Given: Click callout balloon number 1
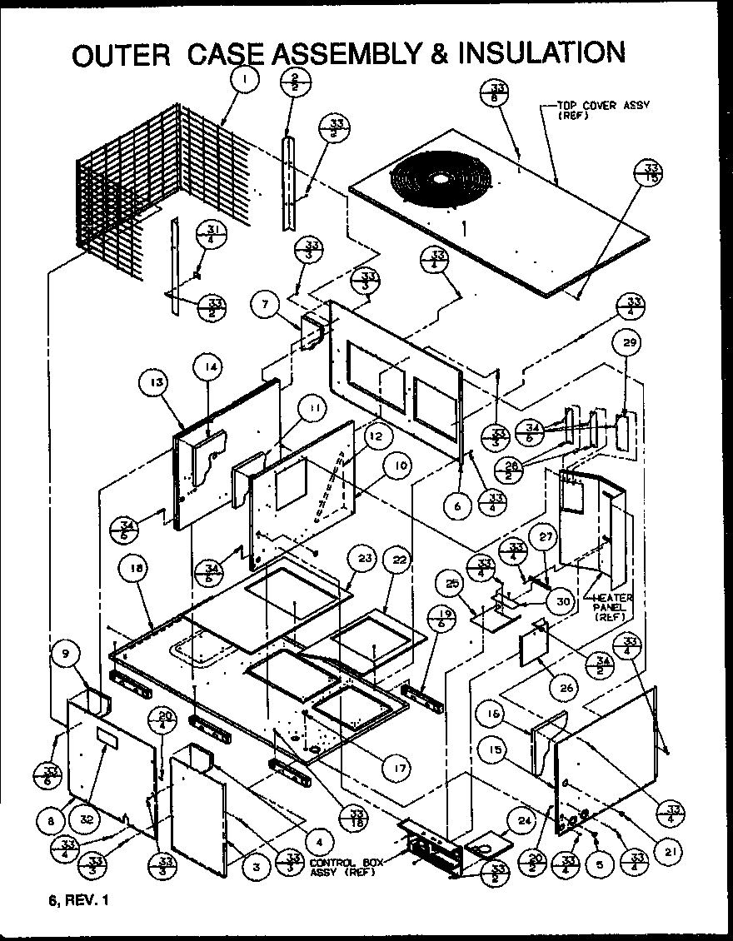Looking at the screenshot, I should point(245,81).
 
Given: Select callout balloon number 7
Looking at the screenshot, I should point(264,305).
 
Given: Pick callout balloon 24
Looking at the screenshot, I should point(524,820).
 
